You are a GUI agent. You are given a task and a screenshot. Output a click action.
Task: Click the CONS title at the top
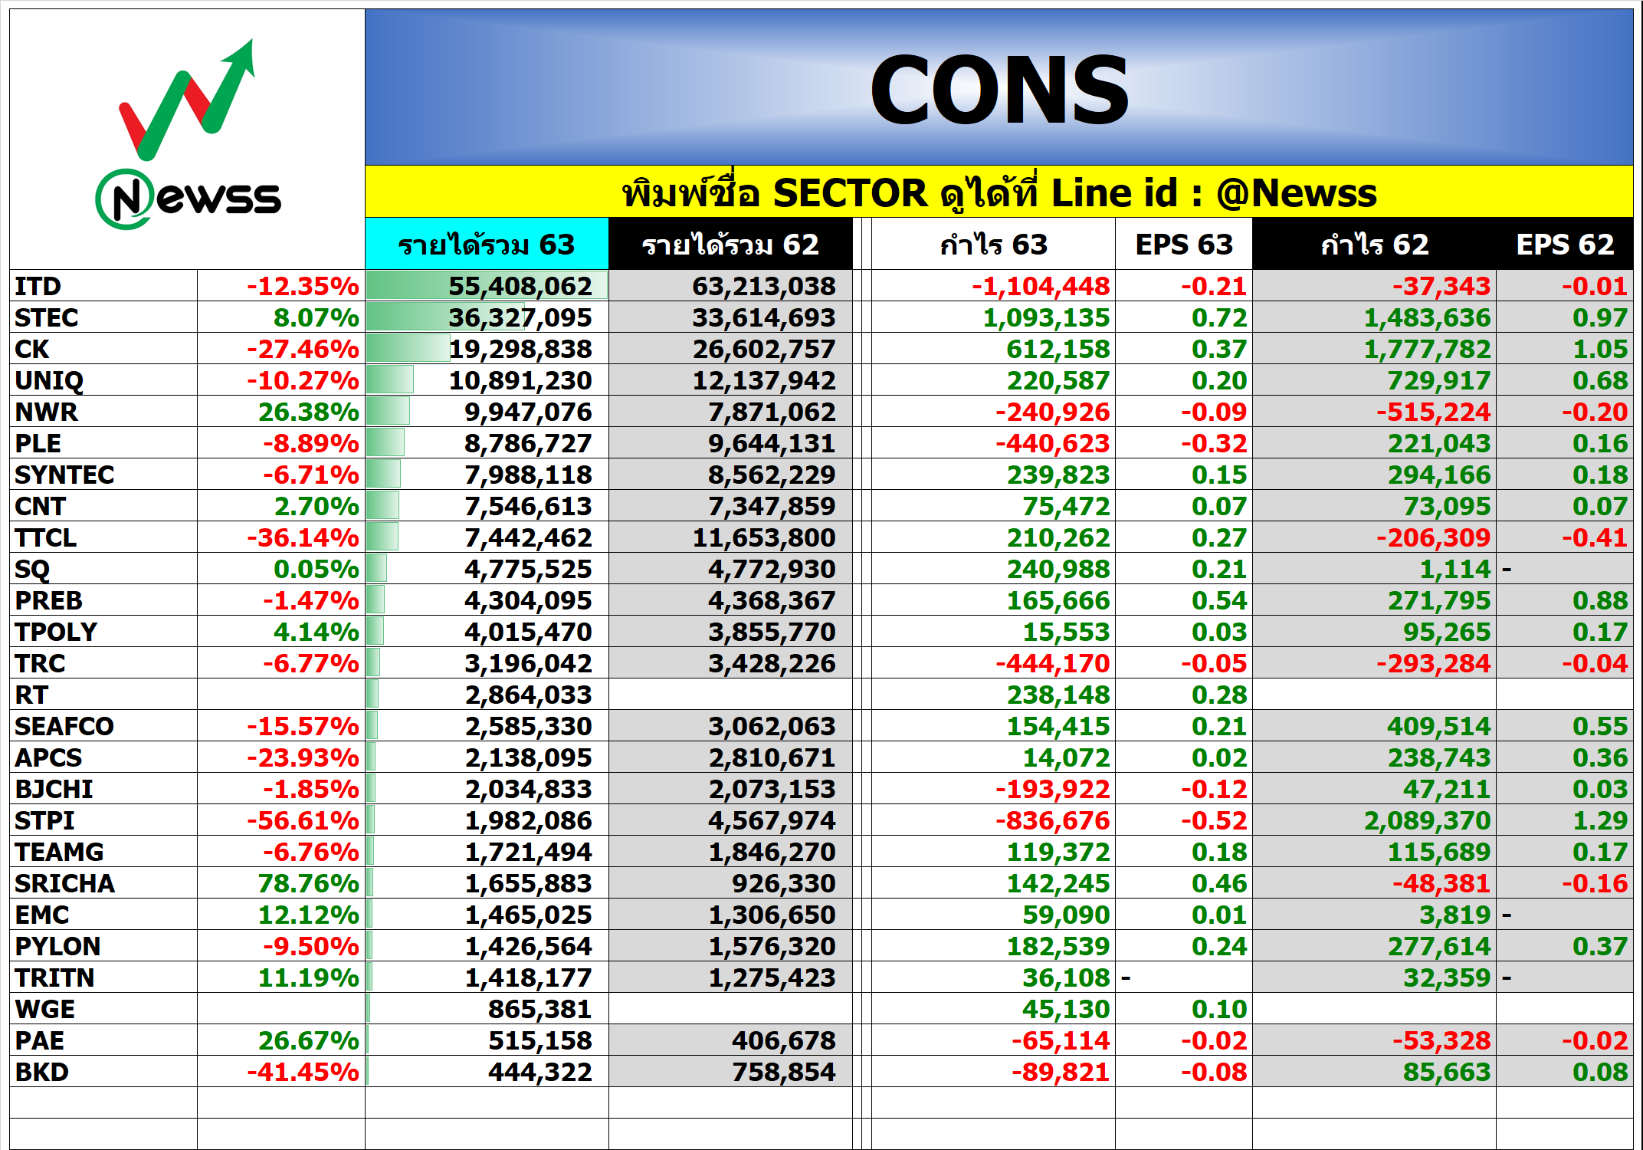click(x=999, y=90)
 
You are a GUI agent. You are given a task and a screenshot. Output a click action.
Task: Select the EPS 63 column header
click(x=1184, y=245)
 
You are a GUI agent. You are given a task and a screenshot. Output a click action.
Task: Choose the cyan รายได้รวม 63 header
click(x=487, y=245)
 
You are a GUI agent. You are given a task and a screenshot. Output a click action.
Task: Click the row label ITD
click(x=38, y=286)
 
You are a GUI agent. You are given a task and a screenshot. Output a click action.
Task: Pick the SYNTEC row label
click(x=64, y=475)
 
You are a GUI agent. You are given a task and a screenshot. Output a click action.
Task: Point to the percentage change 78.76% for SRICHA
click(x=309, y=883)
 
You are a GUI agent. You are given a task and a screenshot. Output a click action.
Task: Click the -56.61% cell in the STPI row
click(x=303, y=820)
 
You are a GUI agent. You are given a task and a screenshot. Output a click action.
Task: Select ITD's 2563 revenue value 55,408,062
click(x=520, y=286)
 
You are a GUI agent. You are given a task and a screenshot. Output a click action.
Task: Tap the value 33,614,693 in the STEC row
click(x=764, y=317)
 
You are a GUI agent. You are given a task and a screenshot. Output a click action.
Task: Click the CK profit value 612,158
click(x=1058, y=349)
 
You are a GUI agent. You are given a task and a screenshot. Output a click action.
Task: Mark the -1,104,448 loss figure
click(x=1041, y=286)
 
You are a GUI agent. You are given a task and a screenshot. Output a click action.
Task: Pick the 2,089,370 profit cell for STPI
click(x=1428, y=820)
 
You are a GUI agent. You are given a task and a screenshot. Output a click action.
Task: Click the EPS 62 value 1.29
click(x=1600, y=820)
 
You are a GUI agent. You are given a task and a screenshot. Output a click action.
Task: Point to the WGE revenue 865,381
click(x=540, y=1009)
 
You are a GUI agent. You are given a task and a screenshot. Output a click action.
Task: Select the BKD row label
click(x=42, y=1072)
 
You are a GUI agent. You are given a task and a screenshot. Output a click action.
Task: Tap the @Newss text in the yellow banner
click(x=1297, y=192)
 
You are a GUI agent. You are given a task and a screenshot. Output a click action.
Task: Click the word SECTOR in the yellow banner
click(x=851, y=192)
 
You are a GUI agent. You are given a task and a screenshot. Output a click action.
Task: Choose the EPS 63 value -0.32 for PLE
click(x=1214, y=443)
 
